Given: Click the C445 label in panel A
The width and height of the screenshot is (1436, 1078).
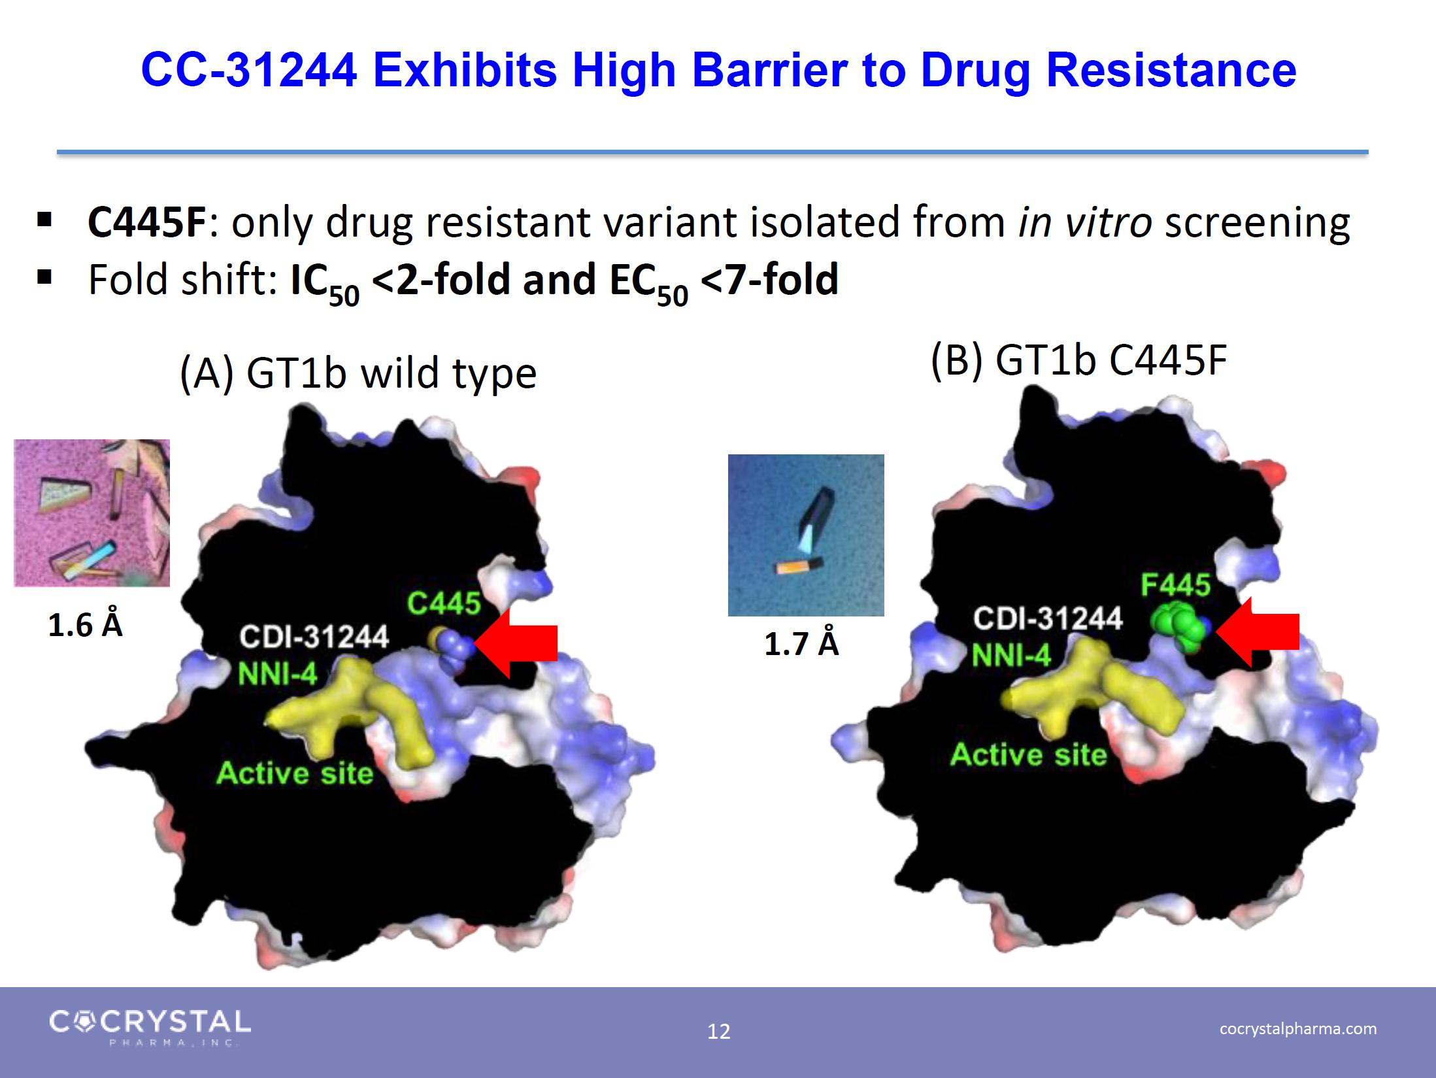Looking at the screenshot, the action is (444, 603).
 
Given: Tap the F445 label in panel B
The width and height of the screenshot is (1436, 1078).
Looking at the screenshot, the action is (1176, 585).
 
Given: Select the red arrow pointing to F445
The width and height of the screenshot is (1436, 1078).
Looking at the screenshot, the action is (1257, 632).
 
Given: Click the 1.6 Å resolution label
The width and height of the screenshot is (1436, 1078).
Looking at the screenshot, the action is (85, 625).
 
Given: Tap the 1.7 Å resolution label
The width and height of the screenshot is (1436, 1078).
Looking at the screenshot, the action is (801, 644).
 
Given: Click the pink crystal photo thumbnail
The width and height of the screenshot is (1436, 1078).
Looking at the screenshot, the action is (92, 513).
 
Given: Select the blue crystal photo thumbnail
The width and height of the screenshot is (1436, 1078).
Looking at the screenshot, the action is (806, 535).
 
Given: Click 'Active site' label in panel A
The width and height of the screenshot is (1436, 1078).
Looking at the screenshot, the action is (295, 773).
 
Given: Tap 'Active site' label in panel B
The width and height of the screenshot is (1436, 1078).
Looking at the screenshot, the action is (1028, 754).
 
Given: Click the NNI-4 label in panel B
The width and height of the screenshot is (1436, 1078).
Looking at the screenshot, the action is (1011, 654).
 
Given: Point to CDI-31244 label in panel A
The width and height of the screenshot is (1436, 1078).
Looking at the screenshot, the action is (314, 637).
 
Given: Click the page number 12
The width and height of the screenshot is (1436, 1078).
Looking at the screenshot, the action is (718, 1031).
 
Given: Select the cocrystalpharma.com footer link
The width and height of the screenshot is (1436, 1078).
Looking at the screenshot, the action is (1298, 1028).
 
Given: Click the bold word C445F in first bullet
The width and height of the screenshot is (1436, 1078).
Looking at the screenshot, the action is (147, 222).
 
